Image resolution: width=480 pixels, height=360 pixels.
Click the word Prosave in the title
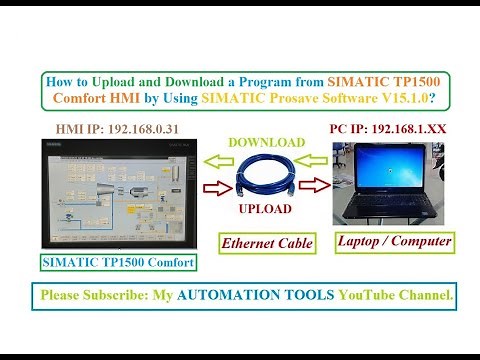click(x=295, y=99)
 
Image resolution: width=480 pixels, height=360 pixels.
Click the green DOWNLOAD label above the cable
click(x=265, y=143)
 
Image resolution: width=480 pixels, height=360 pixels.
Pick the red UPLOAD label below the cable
click(x=265, y=209)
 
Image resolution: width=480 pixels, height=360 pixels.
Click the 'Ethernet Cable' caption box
click(x=267, y=242)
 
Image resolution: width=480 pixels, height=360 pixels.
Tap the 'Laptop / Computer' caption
click(x=394, y=241)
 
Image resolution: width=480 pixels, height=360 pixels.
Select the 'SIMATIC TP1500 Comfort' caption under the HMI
click(x=116, y=263)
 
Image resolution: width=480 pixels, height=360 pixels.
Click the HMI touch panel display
click(x=116, y=193)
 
